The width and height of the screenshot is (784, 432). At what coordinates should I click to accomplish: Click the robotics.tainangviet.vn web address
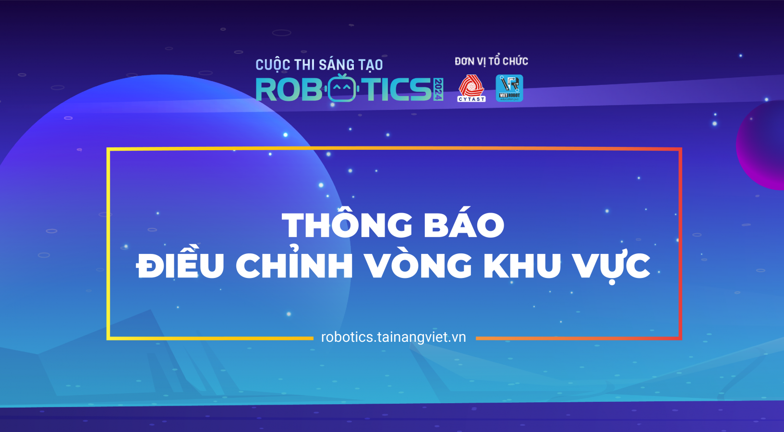[x=393, y=337]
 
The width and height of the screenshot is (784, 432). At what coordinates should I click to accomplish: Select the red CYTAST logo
[x=471, y=88]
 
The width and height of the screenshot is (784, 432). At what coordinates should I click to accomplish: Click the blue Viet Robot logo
[x=509, y=88]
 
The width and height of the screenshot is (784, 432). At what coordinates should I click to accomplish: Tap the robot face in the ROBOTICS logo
[x=342, y=88]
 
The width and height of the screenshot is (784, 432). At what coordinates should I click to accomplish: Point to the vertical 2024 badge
[x=438, y=89]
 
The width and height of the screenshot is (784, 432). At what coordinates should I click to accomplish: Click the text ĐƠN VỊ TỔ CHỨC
[x=492, y=61]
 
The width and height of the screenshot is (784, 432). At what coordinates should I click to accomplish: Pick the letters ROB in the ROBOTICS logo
[x=289, y=89]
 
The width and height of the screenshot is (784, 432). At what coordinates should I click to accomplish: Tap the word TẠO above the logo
[x=370, y=65]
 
